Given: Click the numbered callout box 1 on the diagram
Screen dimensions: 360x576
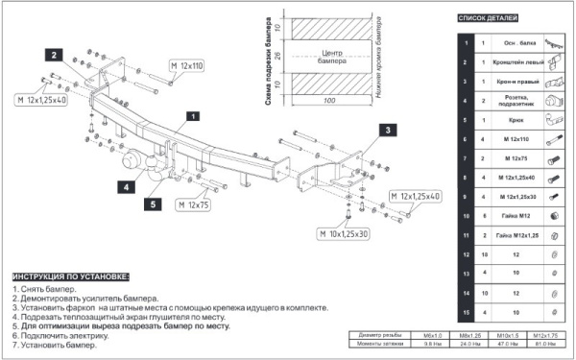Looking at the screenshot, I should point(193,116).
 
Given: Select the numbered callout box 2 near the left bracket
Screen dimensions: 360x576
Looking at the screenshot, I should point(57,55).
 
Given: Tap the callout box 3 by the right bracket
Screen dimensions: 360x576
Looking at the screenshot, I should point(388,130).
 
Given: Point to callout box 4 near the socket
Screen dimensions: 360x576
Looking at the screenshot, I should point(126,188).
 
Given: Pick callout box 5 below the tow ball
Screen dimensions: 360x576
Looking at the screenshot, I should point(153,204).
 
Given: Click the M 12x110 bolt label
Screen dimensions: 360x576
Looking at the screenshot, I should point(187,65).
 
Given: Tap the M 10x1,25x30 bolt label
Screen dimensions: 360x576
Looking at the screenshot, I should point(348,233).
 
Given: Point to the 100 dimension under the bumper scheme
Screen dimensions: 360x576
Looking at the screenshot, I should point(329,99).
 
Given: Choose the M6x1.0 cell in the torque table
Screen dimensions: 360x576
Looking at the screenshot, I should point(433,333).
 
